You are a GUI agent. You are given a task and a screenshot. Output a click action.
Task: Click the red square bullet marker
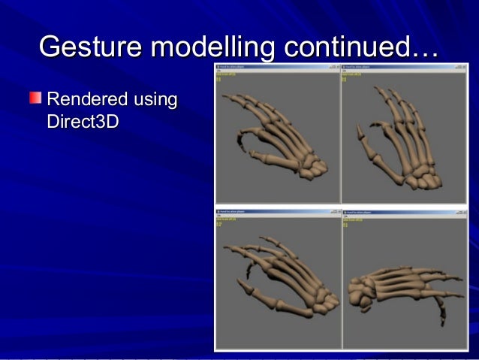[35, 98]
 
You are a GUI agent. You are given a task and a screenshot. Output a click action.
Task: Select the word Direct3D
[83, 120]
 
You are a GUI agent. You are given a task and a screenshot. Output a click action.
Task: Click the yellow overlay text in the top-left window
[224, 76]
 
